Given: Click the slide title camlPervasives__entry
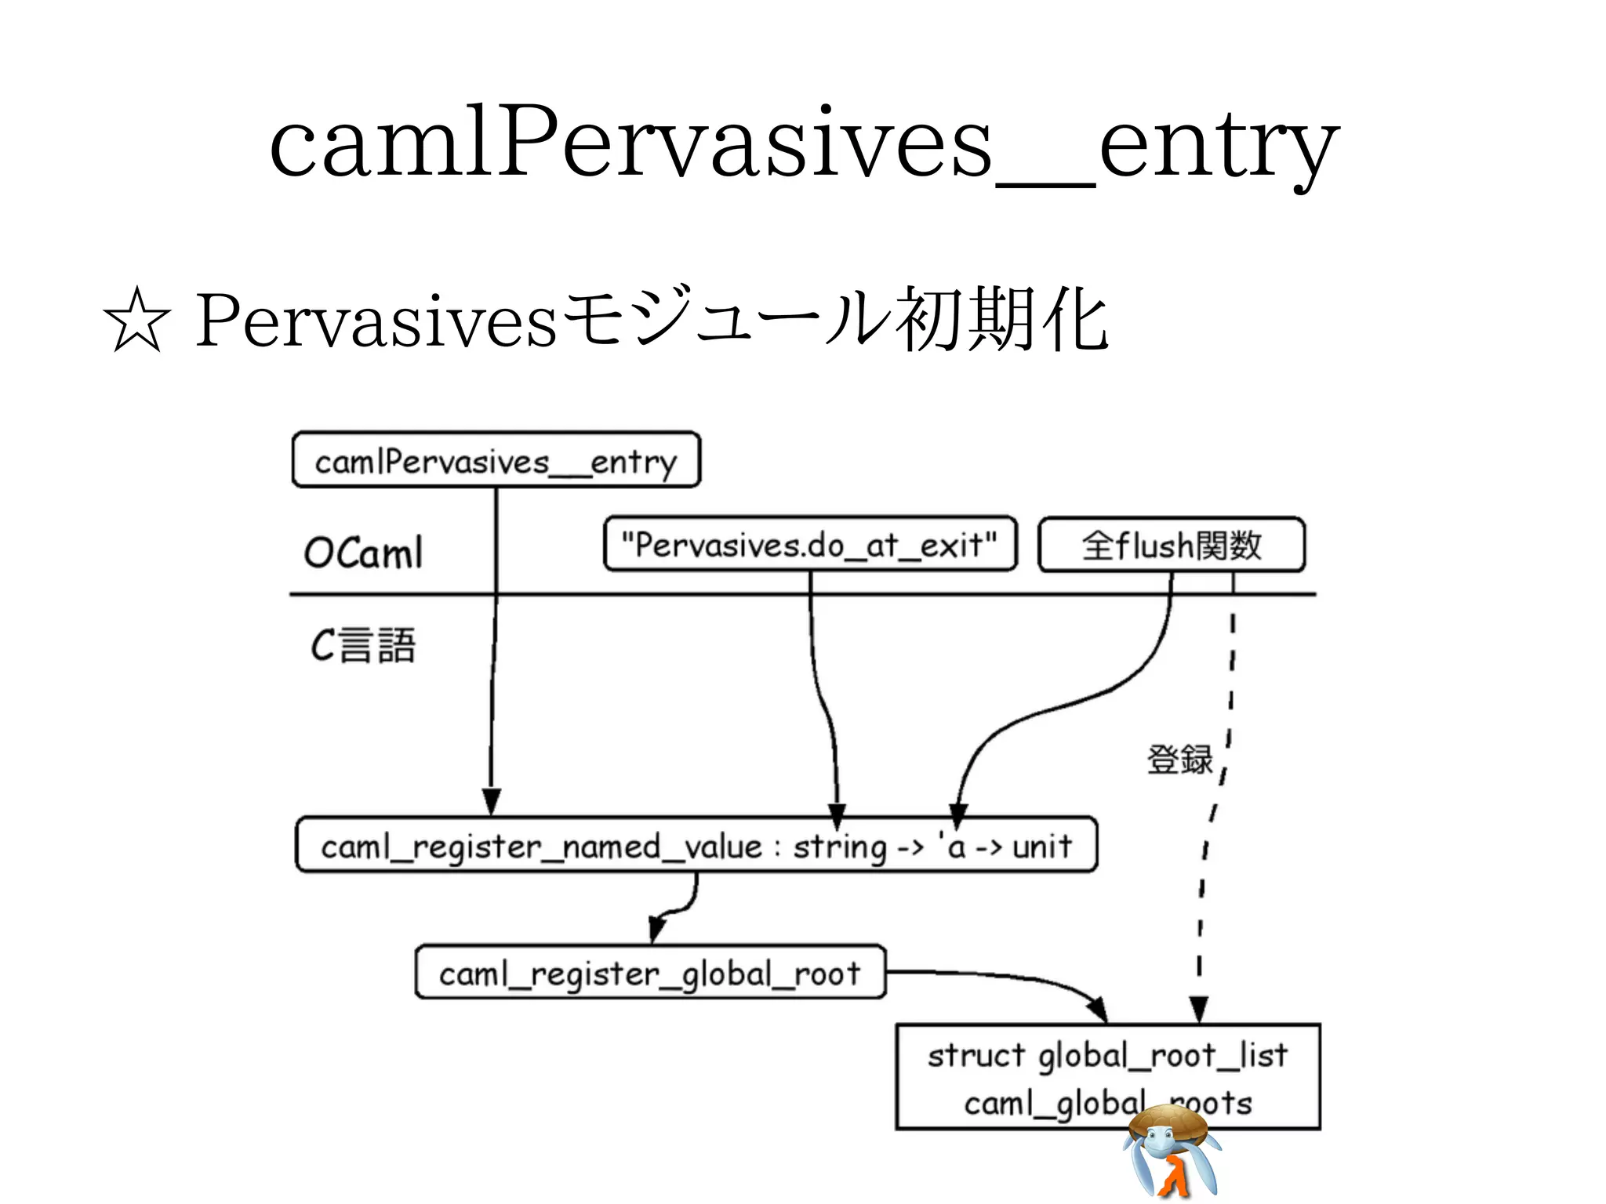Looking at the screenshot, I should pyautogui.click(x=804, y=145).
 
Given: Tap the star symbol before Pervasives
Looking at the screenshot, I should pyautogui.click(x=136, y=321).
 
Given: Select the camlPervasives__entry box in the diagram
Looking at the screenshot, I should pyautogui.click(x=496, y=460).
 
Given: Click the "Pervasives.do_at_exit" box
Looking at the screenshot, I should pyautogui.click(x=809, y=544).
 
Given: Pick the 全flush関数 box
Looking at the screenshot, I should pyautogui.click(x=1171, y=545).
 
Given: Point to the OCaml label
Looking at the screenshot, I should pyautogui.click(x=363, y=552).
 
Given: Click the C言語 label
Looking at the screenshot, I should pyautogui.click(x=363, y=645).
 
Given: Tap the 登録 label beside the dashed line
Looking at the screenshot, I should pyautogui.click(x=1179, y=760).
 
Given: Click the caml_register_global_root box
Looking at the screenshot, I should pyautogui.click(x=650, y=973).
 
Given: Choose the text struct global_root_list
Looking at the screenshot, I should pyautogui.click(x=1107, y=1055).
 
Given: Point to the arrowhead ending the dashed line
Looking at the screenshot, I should pyautogui.click(x=1198, y=1010).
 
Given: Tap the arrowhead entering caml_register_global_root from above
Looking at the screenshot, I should pyautogui.click(x=657, y=930).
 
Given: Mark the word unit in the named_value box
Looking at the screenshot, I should pyautogui.click(x=1041, y=847).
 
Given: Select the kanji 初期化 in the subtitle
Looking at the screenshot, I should pyautogui.click(x=1005, y=321).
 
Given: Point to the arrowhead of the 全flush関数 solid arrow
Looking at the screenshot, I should pyautogui.click(x=957, y=815).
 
